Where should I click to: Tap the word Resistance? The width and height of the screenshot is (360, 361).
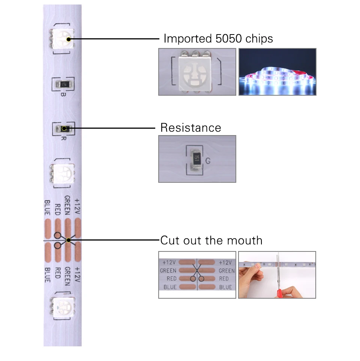(190, 128)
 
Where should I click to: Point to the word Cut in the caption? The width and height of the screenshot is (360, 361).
(170, 240)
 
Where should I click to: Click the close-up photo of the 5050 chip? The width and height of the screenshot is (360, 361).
(197, 71)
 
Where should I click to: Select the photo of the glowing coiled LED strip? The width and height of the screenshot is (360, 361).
(277, 71)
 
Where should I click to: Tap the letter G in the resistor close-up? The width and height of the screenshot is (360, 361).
(208, 161)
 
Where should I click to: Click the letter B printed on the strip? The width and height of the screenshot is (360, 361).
(63, 94)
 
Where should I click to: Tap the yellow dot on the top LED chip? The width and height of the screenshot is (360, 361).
(68, 39)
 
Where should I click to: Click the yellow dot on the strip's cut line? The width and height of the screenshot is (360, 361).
(68, 240)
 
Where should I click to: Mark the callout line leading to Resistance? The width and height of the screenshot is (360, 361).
(112, 128)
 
